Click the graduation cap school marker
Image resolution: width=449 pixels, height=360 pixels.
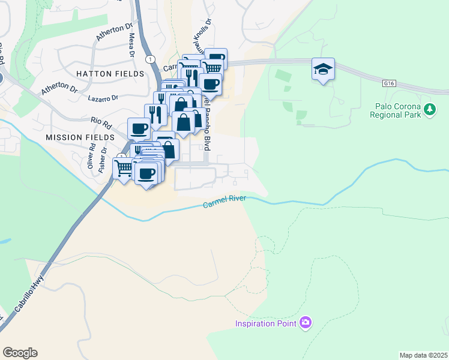[323, 69]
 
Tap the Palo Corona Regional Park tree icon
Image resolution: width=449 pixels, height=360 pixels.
[429, 110]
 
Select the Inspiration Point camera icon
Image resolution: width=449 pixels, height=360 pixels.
[306, 323]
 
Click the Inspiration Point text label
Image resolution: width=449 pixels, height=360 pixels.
[266, 324]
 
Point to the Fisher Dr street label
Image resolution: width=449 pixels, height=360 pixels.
[103, 159]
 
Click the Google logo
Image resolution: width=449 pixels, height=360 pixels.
[20, 353]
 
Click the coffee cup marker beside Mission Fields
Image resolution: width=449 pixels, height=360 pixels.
[139, 128]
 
